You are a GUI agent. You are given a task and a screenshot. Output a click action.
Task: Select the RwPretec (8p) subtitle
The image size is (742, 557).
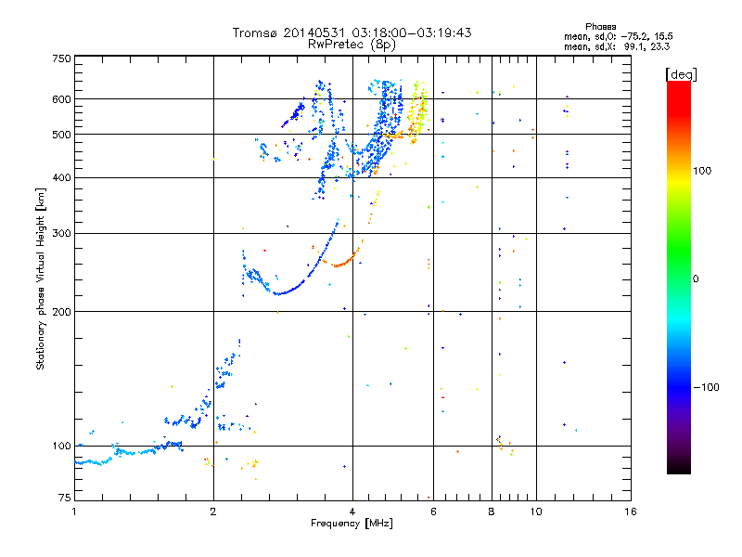click(352, 45)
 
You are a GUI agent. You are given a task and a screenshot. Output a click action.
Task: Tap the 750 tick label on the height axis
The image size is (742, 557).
click(62, 58)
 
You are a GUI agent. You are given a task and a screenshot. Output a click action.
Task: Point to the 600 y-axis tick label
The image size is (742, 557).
click(62, 99)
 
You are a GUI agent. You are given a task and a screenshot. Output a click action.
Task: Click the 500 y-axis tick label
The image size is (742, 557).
click(62, 135)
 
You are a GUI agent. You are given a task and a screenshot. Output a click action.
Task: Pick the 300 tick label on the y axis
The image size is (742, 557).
click(62, 233)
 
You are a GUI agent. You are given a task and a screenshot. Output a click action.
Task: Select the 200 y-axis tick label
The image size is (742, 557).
click(62, 312)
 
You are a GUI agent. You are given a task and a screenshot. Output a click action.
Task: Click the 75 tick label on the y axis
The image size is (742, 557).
click(65, 498)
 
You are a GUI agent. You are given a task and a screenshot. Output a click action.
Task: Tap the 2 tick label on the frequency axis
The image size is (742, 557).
click(213, 512)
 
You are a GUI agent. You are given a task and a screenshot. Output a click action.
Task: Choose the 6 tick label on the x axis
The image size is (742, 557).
click(433, 512)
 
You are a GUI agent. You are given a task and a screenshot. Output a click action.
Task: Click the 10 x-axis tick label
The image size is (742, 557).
click(536, 512)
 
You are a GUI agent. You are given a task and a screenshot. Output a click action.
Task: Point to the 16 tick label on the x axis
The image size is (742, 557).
click(631, 512)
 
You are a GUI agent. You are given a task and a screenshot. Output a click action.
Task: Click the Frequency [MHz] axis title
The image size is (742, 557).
click(352, 524)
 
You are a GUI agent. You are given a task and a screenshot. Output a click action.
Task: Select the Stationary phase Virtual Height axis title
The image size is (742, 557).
click(41, 279)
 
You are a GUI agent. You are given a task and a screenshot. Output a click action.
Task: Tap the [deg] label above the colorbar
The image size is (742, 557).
click(681, 74)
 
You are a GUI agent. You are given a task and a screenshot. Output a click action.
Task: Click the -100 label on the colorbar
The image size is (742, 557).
click(707, 387)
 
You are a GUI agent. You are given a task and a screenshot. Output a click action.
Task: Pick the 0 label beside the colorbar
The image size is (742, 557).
click(696, 279)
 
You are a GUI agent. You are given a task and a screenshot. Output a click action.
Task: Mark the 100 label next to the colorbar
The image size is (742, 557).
click(702, 171)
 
